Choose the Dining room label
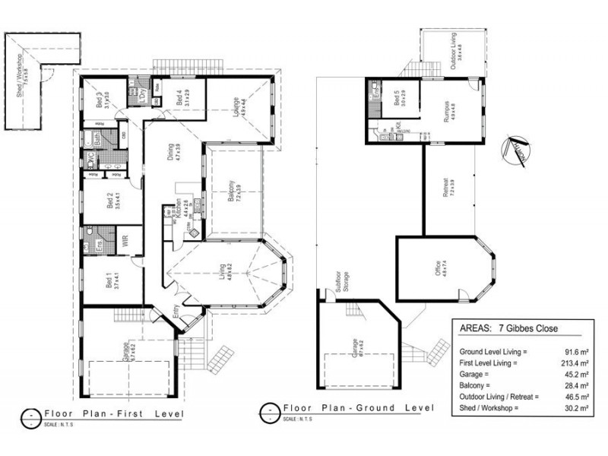click(176, 155)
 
